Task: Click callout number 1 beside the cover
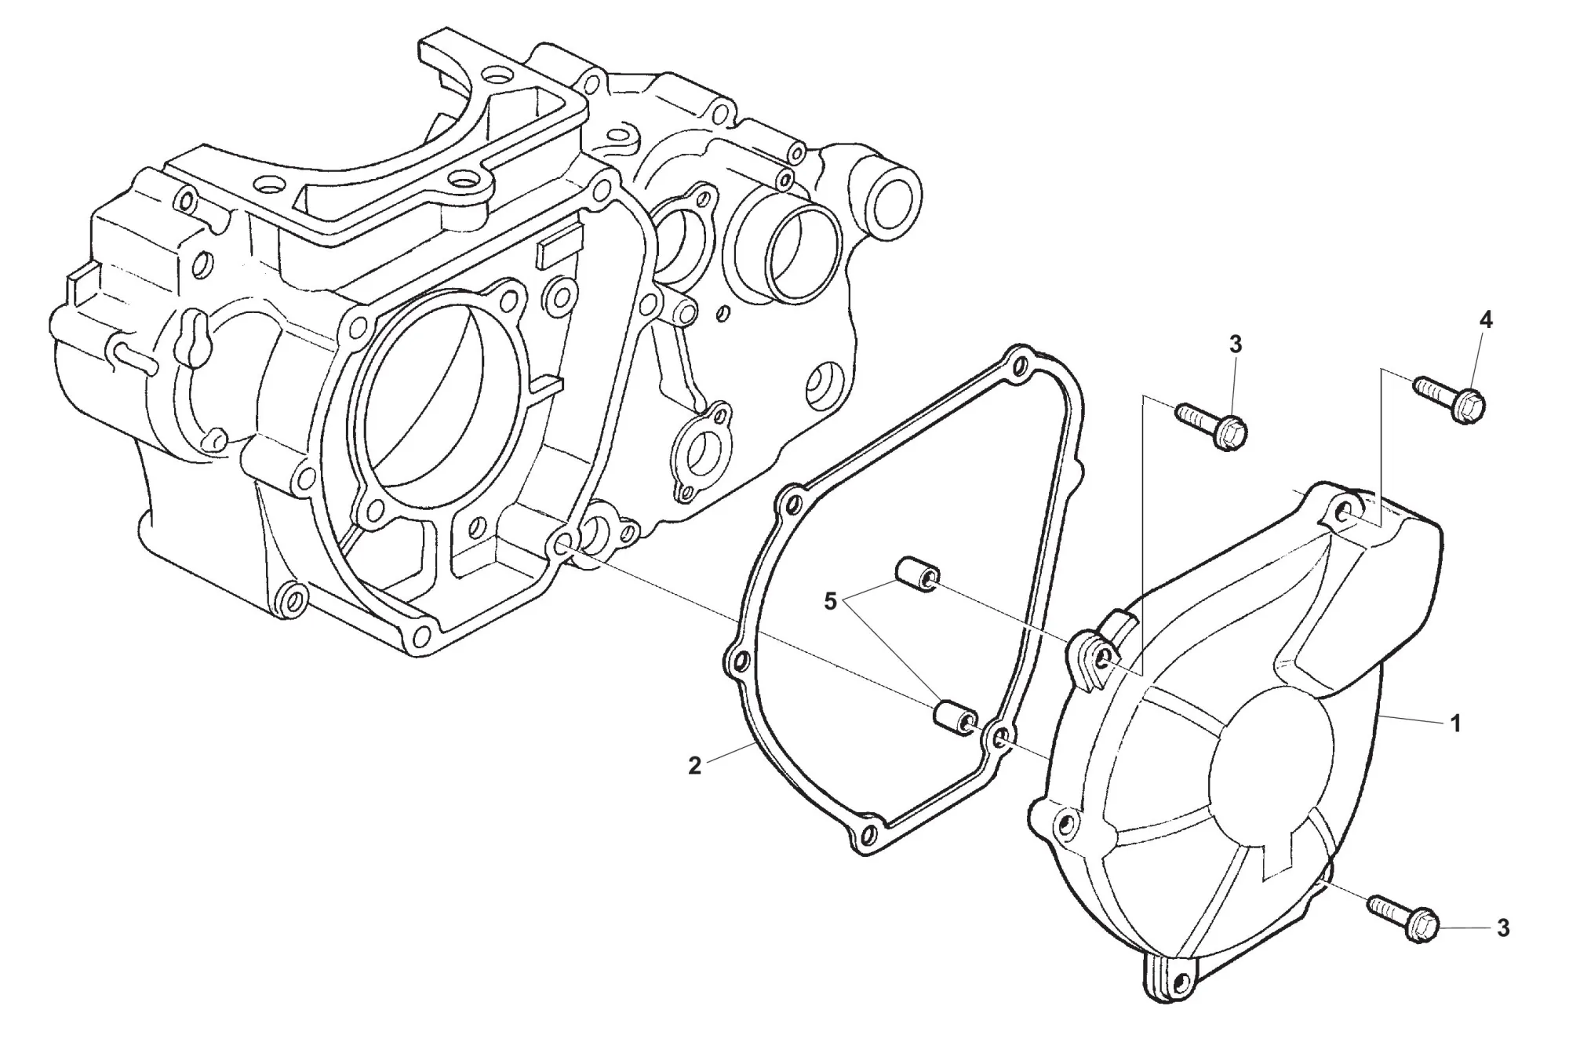(x=1455, y=723)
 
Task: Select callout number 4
(x=1486, y=319)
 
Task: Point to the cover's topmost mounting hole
(x=1346, y=515)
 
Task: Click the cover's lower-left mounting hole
(x=1065, y=824)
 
